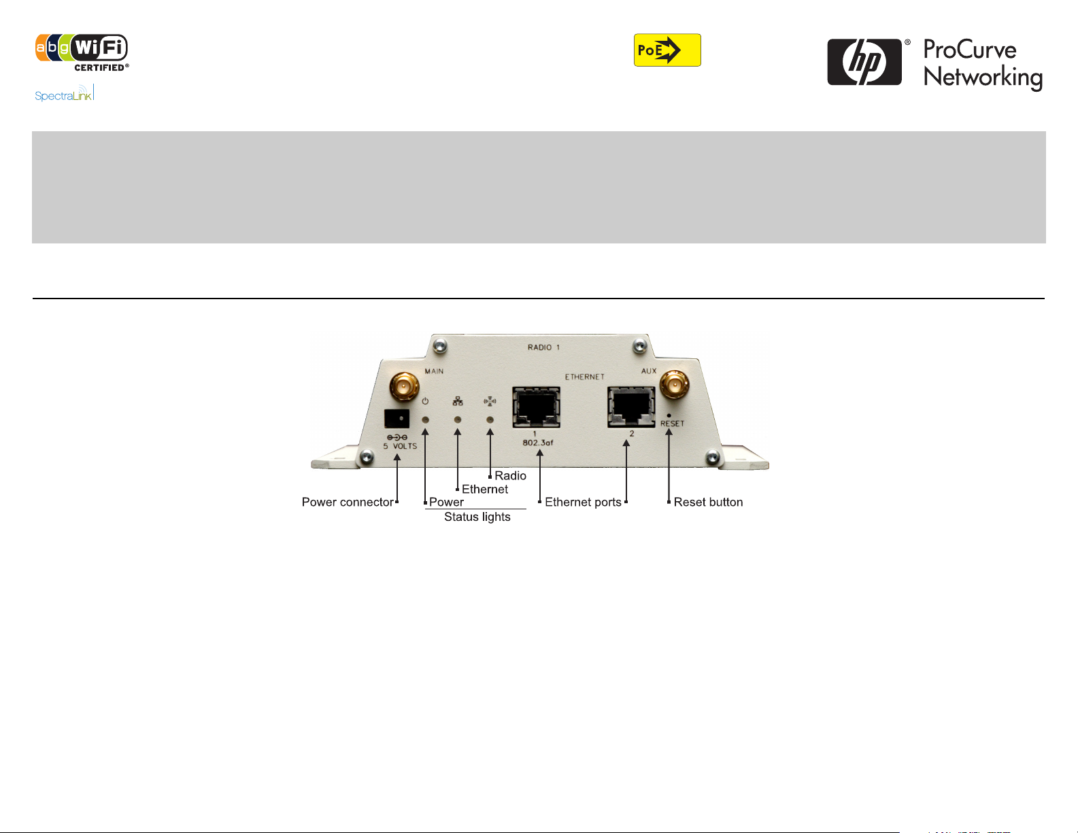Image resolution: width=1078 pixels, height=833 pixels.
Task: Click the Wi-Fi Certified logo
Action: (82, 52)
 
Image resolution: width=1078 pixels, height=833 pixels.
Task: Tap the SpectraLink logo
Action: (64, 94)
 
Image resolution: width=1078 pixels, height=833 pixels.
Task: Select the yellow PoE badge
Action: (667, 50)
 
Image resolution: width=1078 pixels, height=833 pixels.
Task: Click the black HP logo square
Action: (864, 62)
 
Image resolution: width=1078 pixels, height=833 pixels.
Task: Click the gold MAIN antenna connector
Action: (404, 388)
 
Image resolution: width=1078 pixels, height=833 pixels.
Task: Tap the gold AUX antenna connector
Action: (673, 386)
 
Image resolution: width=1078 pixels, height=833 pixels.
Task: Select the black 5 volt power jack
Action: (397, 418)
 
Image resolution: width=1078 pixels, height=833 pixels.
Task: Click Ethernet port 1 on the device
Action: (536, 407)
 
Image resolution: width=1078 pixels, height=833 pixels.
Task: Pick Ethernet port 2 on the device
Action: (631, 407)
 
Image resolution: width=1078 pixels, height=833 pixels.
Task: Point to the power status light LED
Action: (425, 420)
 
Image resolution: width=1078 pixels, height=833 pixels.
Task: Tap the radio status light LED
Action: (490, 420)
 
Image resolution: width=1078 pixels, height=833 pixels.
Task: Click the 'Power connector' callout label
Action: (348, 503)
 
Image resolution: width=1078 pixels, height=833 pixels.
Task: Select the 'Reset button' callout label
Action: (708, 503)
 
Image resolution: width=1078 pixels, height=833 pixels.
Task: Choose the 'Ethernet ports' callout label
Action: (583, 503)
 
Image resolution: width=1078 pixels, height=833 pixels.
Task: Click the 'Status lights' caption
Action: (477, 517)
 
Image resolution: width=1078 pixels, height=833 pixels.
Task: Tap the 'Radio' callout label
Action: (510, 476)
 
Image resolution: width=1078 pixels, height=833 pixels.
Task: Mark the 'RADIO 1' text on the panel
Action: (543, 347)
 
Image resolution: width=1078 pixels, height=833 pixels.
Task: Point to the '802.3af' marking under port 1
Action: (537, 443)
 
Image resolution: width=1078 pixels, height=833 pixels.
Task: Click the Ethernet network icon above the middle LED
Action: (458, 402)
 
